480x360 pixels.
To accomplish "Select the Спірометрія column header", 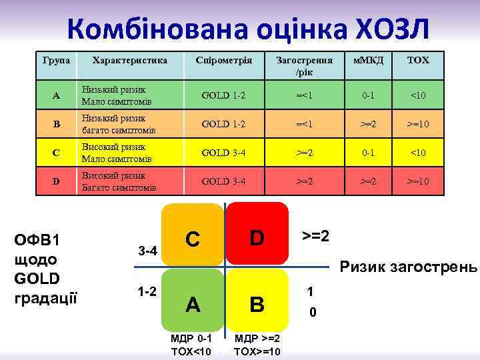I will coord(223,60).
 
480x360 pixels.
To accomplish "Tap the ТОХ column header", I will coord(418,60).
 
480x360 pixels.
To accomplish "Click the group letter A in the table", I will coord(56,95).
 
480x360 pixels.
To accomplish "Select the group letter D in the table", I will coord(56,181).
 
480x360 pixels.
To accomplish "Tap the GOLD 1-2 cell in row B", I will coord(223,124).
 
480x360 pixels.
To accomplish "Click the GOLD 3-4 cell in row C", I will coord(223,153).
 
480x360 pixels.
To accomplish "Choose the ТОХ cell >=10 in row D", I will coord(418,181).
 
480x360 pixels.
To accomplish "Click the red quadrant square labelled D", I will coord(257,234).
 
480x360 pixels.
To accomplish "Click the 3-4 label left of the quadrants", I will coord(147,251).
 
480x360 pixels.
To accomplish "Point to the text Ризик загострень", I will coord(409,268).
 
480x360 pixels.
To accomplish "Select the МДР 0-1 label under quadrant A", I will coord(191,339).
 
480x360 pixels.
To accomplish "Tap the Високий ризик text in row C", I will coord(113,147).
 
